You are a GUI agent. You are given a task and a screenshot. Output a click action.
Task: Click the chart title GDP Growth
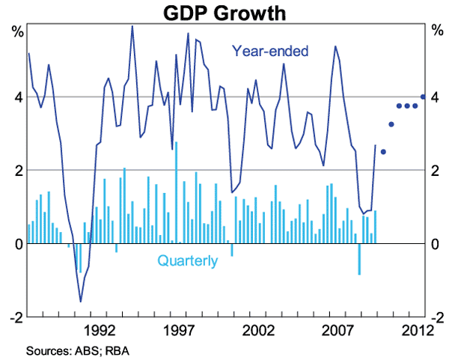pyautogui.click(x=224, y=13)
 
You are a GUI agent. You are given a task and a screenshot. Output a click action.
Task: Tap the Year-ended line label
pyautogui.click(x=270, y=52)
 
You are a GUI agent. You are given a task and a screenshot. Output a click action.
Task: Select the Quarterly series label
pyautogui.click(x=187, y=261)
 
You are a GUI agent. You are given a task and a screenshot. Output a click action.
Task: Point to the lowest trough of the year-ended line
pyautogui.click(x=81, y=301)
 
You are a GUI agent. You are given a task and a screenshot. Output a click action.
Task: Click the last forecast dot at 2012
pyautogui.click(x=423, y=97)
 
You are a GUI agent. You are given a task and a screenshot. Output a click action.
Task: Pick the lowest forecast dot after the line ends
pyautogui.click(x=383, y=152)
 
